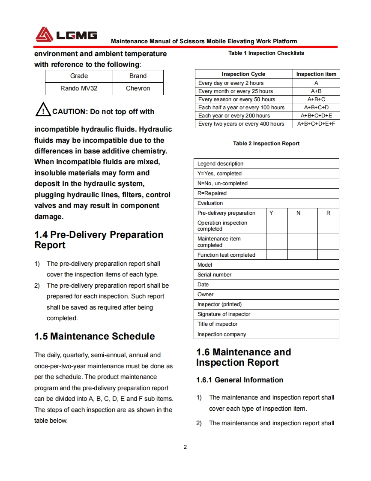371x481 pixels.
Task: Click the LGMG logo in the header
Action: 66,35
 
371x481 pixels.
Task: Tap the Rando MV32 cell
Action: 79,88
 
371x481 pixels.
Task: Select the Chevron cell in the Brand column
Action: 138,88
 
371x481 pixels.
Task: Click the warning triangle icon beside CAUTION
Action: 43,111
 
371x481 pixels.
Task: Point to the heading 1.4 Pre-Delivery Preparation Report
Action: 99,240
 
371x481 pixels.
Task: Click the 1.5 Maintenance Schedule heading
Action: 95,336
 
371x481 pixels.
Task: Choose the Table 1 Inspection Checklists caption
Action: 266,53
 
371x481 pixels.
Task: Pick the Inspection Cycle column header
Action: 243,74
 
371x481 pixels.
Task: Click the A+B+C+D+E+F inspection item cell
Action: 316,124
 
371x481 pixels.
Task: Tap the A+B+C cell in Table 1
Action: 316,99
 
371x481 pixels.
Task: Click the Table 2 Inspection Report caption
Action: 266,144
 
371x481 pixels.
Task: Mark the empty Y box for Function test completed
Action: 277,255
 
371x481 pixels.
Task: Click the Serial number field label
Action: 214,275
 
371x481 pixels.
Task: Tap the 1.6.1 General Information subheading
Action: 239,380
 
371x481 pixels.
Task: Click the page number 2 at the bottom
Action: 185,447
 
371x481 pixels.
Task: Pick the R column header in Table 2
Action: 328,213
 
